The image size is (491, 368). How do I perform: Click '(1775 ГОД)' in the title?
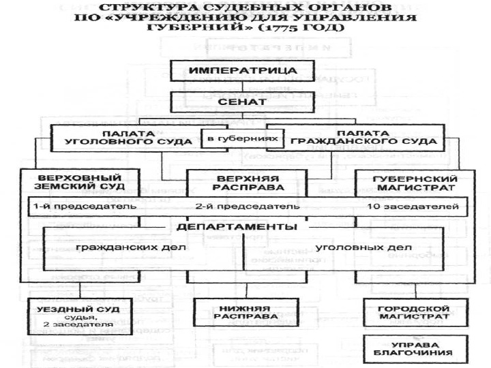point(312,28)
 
